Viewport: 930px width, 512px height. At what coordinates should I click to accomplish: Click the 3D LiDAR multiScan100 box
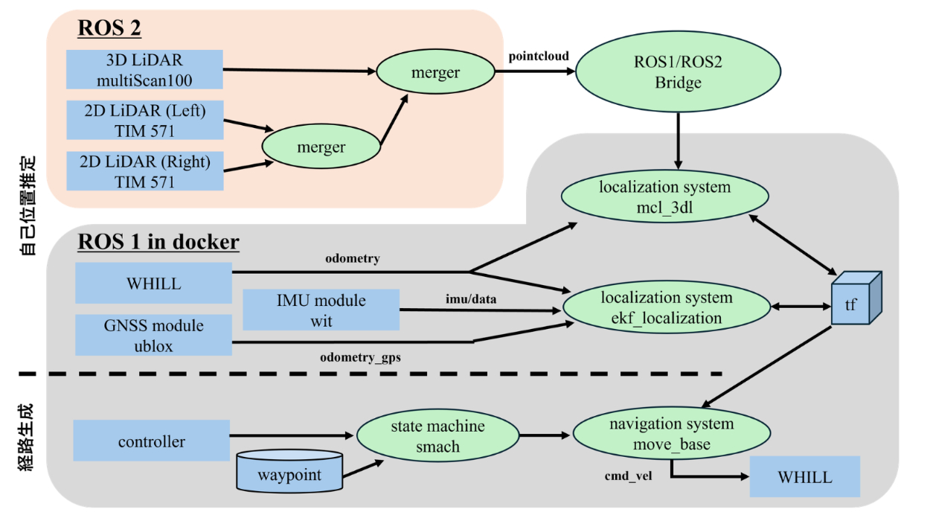[144, 71]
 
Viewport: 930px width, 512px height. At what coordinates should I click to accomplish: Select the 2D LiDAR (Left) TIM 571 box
[144, 121]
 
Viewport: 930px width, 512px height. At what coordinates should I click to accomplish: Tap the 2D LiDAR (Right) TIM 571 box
[144, 170]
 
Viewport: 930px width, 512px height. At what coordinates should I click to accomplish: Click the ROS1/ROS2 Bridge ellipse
[678, 72]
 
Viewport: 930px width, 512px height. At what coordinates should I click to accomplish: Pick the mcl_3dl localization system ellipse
[664, 197]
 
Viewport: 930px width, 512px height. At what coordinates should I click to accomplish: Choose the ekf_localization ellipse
[666, 307]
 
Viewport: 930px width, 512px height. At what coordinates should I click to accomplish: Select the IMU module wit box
[321, 310]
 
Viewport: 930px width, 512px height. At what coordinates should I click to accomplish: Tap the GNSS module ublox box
[153, 336]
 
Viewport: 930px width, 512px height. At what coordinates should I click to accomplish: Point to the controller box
[151, 441]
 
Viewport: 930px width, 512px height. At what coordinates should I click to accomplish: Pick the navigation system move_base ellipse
[671, 435]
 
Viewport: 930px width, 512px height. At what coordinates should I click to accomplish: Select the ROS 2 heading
[109, 28]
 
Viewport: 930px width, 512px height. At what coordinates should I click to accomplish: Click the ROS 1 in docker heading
[158, 242]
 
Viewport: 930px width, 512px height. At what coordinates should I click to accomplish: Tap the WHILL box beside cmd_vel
[804, 477]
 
